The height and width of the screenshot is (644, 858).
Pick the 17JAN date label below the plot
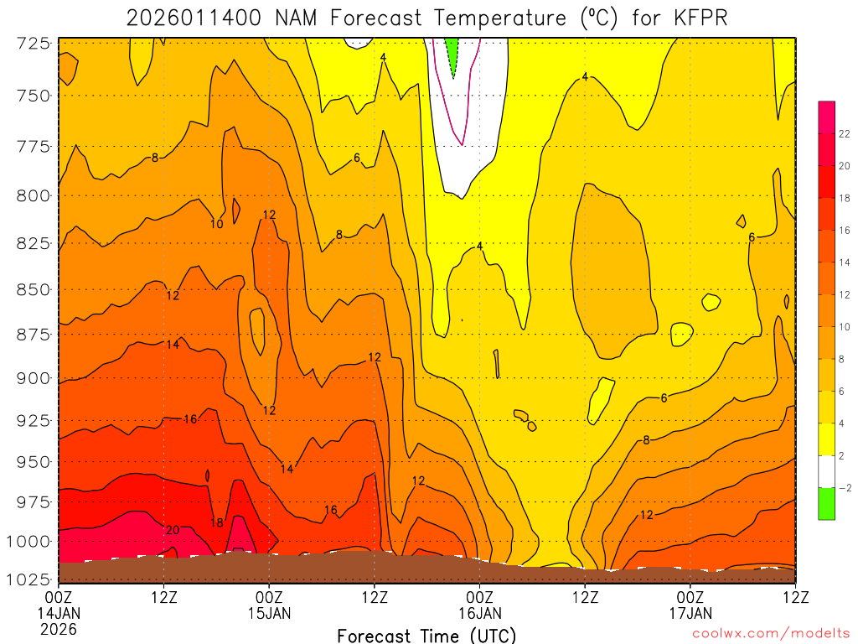tap(690, 613)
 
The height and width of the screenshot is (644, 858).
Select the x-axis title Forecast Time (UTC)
tap(426, 635)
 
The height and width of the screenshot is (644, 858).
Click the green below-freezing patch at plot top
tap(453, 55)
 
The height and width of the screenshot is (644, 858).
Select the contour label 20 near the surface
tap(173, 530)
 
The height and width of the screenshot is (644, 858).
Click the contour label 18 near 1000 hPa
tap(216, 522)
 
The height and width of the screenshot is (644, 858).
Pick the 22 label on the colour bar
tap(844, 133)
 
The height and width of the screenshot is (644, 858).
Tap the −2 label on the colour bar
tap(843, 487)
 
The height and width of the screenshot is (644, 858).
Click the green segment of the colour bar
tap(827, 503)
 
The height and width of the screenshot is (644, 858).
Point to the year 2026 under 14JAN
tap(59, 628)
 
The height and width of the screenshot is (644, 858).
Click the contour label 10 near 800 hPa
tap(216, 224)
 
